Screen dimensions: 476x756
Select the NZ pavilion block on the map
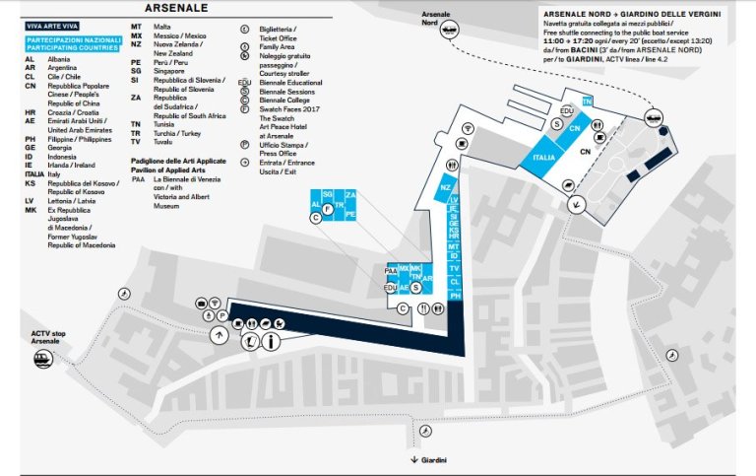[x=446, y=187]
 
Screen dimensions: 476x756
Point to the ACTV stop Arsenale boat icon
[x=42, y=361]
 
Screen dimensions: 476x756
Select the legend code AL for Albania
[x=31, y=60]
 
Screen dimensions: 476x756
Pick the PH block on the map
[x=455, y=295]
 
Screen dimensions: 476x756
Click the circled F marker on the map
[x=326, y=208]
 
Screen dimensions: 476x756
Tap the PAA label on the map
[x=391, y=268]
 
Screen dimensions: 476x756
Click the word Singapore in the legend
[x=169, y=70]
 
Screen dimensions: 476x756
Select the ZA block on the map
[x=350, y=195]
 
